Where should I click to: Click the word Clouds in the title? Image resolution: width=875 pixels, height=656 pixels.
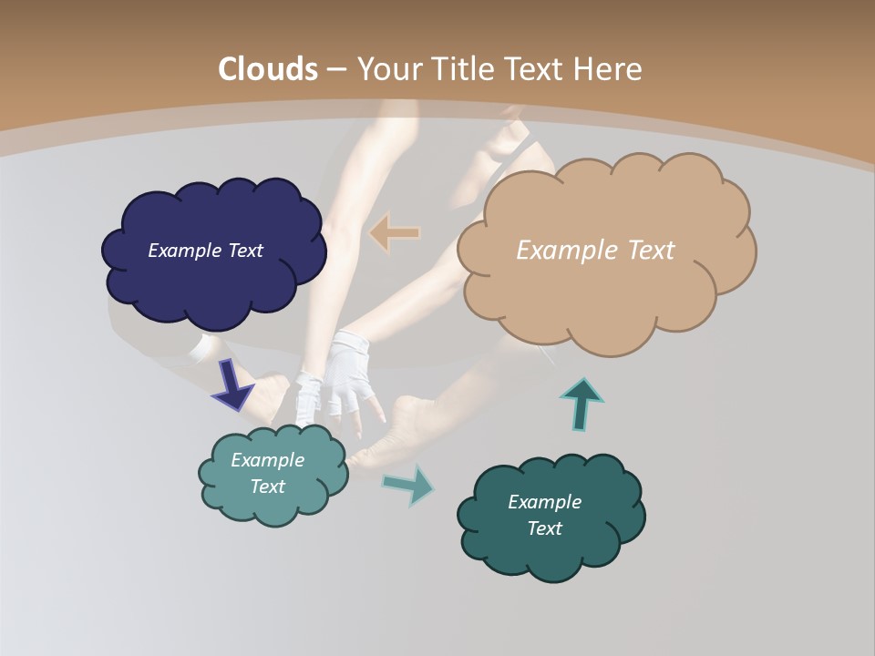click(268, 69)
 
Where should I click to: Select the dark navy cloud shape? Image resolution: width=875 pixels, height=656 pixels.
click(213, 282)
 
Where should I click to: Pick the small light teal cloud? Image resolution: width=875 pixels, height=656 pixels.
click(273, 506)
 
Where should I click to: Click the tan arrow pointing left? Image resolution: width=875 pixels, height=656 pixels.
click(394, 233)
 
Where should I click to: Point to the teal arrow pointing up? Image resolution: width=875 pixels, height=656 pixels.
click(582, 404)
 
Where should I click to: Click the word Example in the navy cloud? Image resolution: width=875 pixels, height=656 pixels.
click(185, 251)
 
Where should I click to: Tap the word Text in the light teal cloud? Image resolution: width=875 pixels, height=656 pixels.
click(267, 487)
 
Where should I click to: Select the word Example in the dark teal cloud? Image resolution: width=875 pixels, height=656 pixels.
click(544, 502)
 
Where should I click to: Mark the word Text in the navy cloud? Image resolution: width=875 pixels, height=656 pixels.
click(244, 251)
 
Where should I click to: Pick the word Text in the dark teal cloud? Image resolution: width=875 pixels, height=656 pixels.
click(544, 528)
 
